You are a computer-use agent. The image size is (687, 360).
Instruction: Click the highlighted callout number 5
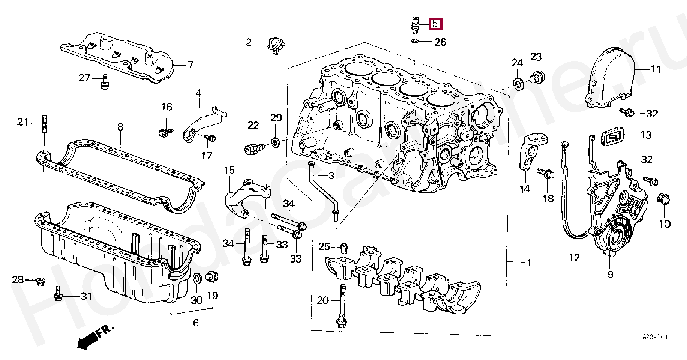pyautogui.click(x=435, y=24)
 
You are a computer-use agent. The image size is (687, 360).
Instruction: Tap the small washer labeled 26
pyautogui.click(x=415, y=40)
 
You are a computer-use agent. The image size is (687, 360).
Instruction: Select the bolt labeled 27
pyautogui.click(x=104, y=82)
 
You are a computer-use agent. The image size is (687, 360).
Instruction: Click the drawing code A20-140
pyautogui.click(x=655, y=337)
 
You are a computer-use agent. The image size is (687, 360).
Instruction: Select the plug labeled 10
pyautogui.click(x=664, y=199)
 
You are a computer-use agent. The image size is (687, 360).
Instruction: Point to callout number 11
pyautogui.click(x=655, y=69)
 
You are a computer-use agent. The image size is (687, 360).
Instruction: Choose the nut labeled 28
pyautogui.click(x=40, y=280)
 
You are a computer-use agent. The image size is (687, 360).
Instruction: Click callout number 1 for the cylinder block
pyautogui.click(x=529, y=262)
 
